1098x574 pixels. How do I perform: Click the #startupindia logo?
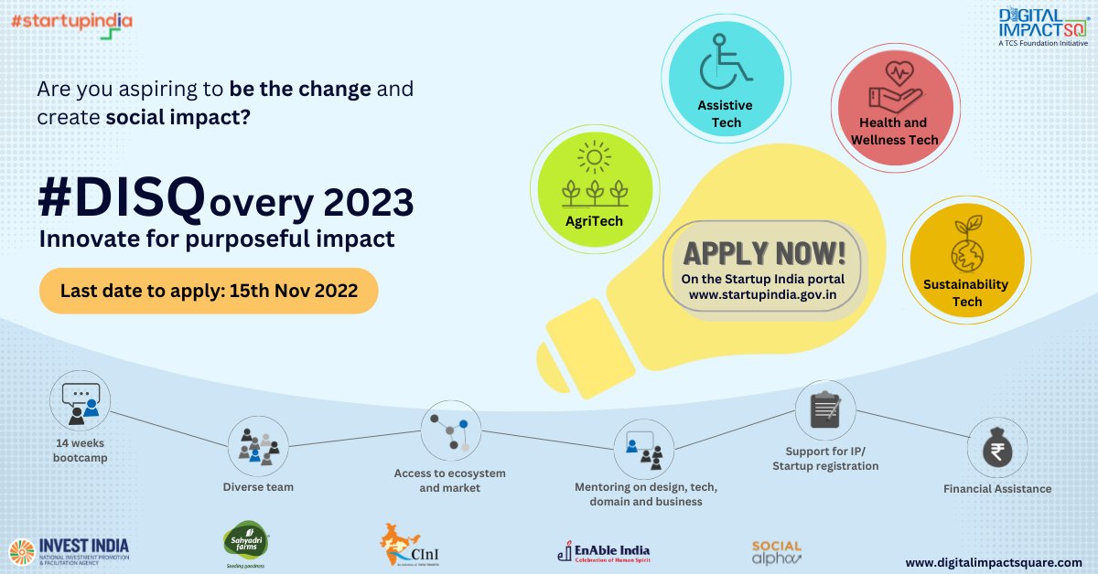pyautogui.click(x=72, y=23)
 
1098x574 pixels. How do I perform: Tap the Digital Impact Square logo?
pyautogui.click(x=1042, y=27)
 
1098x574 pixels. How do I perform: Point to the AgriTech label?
pyautogui.click(x=594, y=221)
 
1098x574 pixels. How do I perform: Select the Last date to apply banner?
pyautogui.click(x=209, y=291)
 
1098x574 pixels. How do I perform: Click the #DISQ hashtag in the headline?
pyautogui.click(x=120, y=198)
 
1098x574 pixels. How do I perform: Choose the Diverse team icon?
pyautogui.click(x=258, y=445)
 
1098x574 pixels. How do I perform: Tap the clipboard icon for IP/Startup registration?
pyautogui.click(x=824, y=410)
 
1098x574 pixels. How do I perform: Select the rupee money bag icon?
pyautogui.click(x=997, y=448)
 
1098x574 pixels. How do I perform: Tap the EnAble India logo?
pyautogui.click(x=603, y=552)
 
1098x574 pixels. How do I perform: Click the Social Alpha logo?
pyautogui.click(x=776, y=552)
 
